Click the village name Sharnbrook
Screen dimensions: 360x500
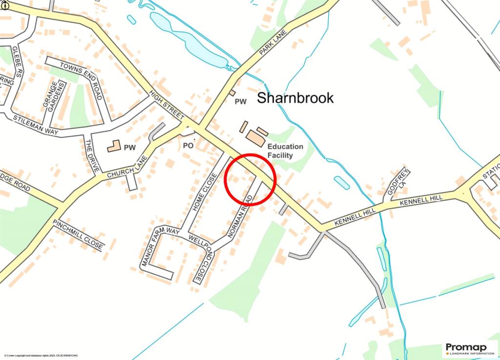(x=295, y=98)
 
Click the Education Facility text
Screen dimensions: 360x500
(x=285, y=151)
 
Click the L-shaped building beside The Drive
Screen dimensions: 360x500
(x=113, y=146)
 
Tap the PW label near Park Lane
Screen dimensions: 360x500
(x=241, y=102)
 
